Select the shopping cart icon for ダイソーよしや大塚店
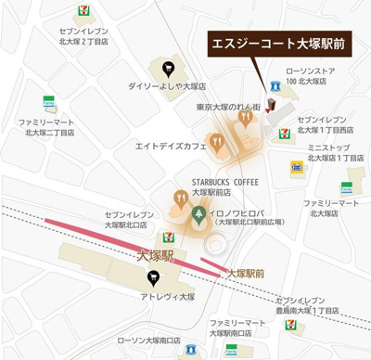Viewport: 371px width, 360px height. (x=167, y=67)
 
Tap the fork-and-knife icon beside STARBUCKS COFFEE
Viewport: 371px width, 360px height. (x=182, y=197)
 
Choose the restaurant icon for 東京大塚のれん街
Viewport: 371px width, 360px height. (x=245, y=117)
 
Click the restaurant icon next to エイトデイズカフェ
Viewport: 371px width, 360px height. (x=216, y=144)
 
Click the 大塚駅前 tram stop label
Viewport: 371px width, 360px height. (x=245, y=274)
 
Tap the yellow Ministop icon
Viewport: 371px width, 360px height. (x=296, y=167)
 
